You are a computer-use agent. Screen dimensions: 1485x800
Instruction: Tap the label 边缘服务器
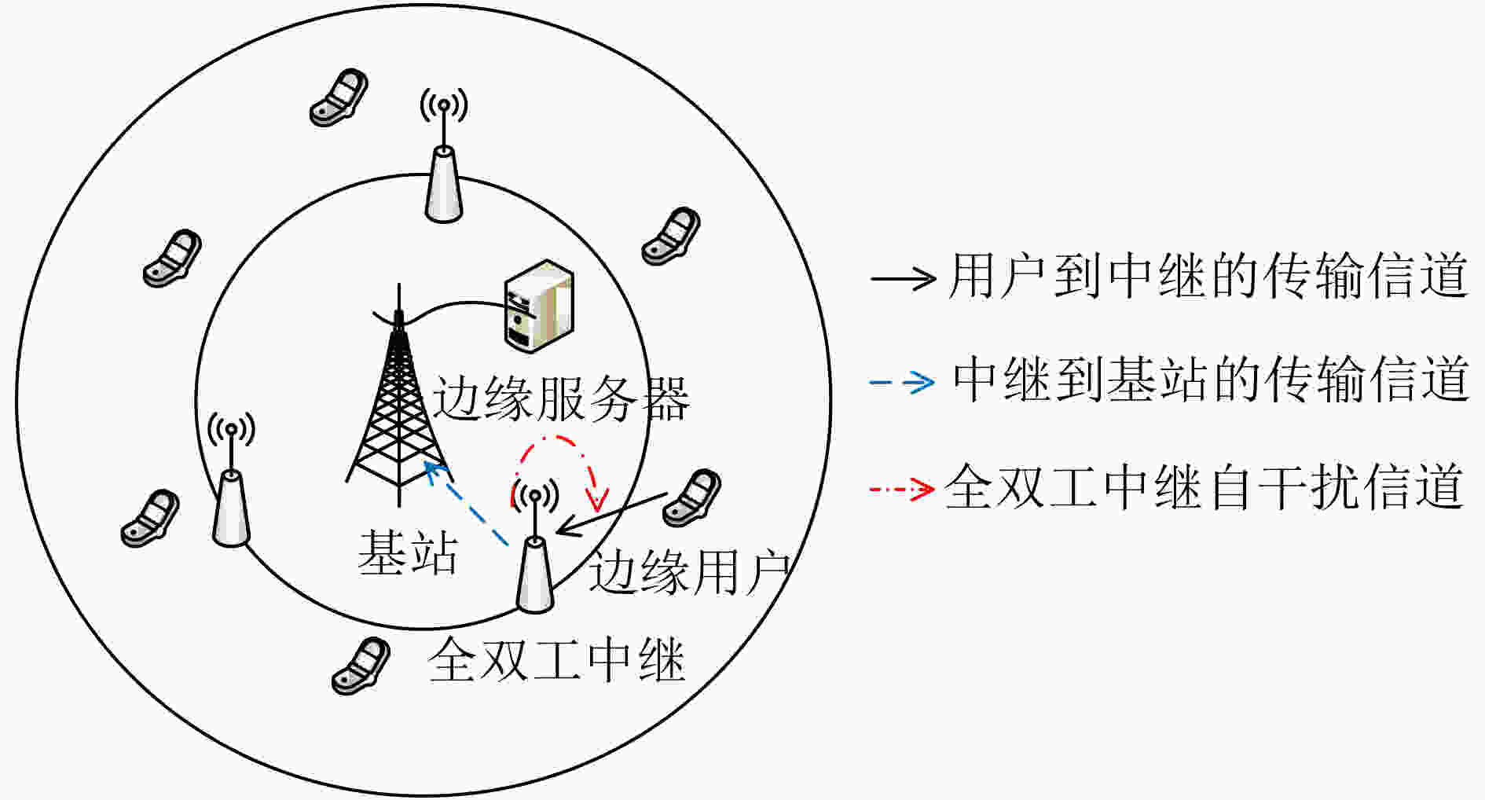click(x=561, y=398)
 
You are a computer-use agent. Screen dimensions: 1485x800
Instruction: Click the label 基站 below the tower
click(x=408, y=552)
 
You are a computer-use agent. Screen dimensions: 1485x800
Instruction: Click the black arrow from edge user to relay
click(x=612, y=514)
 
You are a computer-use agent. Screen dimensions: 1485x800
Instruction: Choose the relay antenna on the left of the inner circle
click(x=231, y=479)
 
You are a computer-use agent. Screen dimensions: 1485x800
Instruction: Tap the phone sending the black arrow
click(x=692, y=498)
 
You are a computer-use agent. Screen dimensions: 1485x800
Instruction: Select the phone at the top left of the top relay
click(x=339, y=98)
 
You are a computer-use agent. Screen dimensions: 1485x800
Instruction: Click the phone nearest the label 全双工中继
click(x=361, y=666)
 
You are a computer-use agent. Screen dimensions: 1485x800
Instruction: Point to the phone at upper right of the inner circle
click(x=671, y=237)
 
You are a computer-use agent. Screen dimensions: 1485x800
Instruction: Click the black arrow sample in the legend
click(x=903, y=277)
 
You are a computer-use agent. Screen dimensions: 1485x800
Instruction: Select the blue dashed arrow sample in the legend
click(x=902, y=383)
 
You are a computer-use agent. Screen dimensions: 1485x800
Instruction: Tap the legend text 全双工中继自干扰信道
click(x=1204, y=487)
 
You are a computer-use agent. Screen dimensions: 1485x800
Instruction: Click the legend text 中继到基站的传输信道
click(x=1210, y=380)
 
